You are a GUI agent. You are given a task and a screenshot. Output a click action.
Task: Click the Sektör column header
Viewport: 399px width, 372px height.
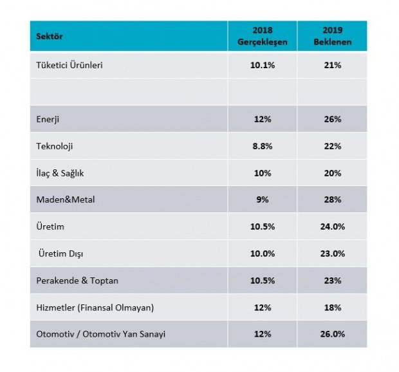[50, 37]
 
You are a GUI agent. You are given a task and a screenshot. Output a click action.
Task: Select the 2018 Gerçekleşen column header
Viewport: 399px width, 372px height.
[262, 37]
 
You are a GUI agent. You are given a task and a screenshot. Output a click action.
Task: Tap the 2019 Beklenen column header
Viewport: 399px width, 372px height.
[333, 37]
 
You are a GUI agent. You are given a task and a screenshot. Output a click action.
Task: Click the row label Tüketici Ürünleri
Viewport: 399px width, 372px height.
[70, 65]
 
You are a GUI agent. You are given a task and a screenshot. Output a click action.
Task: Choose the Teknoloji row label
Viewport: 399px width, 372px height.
[55, 146]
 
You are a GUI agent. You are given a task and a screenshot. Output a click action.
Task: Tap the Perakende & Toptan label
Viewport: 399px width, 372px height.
[78, 281]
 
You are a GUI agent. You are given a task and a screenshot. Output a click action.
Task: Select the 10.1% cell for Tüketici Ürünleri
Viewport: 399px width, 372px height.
[262, 65]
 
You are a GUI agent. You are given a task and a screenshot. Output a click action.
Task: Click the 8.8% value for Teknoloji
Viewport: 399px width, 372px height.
[262, 146]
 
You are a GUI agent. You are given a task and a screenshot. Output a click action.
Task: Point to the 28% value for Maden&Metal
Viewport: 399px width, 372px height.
[333, 200]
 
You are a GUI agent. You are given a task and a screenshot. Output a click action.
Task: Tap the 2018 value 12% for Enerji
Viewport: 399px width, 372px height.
[262, 119]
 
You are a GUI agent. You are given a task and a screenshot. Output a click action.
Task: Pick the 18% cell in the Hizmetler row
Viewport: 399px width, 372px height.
[333, 308]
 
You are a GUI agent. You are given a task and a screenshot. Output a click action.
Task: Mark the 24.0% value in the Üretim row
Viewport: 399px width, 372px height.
[333, 227]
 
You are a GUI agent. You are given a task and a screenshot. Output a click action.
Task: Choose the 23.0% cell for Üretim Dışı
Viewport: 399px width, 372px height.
[333, 254]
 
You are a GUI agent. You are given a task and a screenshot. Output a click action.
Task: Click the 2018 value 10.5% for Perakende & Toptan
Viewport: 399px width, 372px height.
[262, 281]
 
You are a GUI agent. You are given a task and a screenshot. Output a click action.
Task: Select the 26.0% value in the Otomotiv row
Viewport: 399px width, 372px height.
[333, 334]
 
